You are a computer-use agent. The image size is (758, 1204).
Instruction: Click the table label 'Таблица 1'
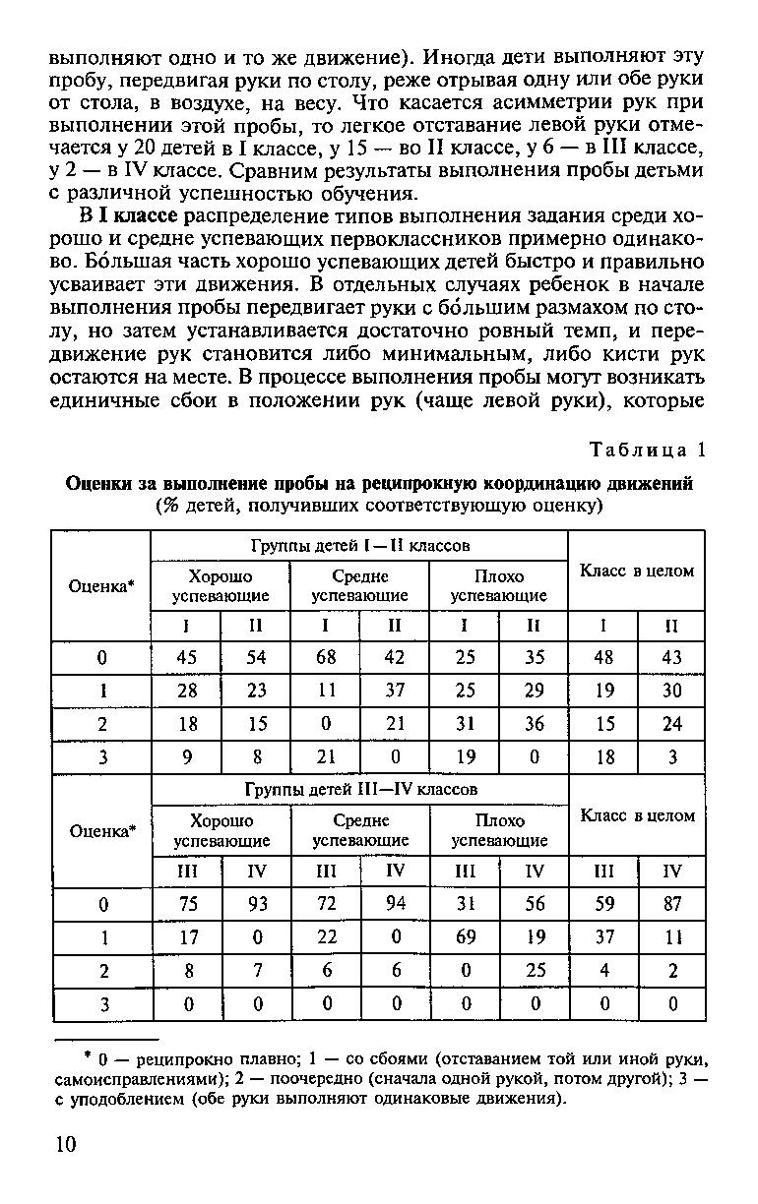pos(648,451)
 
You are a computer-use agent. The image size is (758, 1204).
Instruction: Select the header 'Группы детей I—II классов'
pos(358,544)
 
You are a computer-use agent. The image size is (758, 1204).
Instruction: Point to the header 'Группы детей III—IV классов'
pos(359,789)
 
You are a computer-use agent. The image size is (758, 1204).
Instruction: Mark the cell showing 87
pos(671,904)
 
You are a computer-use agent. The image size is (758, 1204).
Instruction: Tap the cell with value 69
pos(466,937)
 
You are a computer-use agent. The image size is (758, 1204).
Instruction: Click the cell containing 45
pos(186,657)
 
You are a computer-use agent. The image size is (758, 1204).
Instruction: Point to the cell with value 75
pos(186,904)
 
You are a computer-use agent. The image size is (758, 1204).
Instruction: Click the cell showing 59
pos(604,904)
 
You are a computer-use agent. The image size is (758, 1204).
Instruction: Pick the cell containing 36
pos(535,724)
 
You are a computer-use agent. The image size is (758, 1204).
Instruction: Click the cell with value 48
pos(604,657)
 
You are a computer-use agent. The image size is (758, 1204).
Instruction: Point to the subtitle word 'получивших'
pos(292,506)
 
